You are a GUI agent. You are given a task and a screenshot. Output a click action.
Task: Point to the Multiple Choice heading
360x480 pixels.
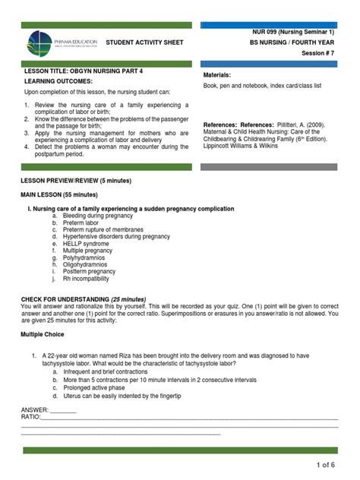tap(43, 334)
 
